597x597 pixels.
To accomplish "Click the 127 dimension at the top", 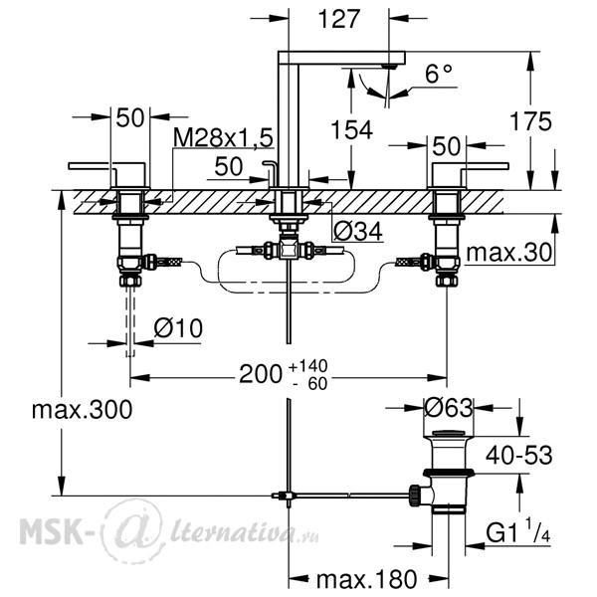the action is point(339,19).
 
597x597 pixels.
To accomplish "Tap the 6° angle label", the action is point(438,74).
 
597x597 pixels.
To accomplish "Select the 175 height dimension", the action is point(530,121).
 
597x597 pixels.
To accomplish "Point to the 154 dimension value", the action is point(351,129).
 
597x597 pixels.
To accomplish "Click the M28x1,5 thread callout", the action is point(224,137).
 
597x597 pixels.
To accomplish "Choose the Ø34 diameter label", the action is point(358,231).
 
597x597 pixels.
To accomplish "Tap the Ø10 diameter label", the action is point(178,327).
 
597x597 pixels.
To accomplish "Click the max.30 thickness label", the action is point(509,252).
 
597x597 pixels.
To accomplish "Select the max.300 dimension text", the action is point(83,410).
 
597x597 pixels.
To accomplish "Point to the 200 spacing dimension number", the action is point(261,374).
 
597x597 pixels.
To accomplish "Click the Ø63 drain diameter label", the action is point(449,408).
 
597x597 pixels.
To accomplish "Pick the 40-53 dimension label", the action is point(519,455).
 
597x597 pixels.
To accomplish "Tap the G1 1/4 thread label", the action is point(517,531).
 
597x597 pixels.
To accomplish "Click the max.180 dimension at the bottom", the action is point(366,579).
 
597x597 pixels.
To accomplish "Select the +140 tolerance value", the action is point(308,366).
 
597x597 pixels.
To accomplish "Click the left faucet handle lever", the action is point(107,167).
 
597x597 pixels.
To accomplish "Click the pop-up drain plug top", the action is point(449,433).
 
